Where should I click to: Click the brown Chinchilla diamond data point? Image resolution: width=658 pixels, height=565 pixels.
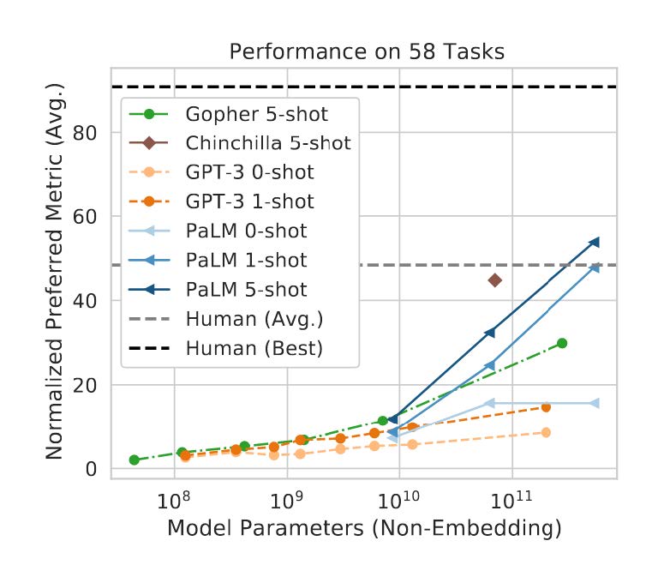point(494,280)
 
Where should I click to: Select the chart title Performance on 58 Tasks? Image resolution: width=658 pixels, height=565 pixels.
point(366,52)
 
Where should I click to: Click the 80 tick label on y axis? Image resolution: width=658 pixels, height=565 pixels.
point(94,133)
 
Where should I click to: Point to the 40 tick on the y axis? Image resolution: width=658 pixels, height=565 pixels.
point(94,301)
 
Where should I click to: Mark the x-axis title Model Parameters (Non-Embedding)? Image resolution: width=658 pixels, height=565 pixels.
point(365,529)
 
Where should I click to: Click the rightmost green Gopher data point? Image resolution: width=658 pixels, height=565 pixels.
point(562,343)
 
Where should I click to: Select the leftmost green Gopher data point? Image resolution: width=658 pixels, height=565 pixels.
point(134,460)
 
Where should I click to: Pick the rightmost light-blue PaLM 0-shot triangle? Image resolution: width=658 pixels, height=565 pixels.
point(595,403)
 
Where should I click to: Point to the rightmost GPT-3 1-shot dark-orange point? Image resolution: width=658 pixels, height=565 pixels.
point(546,406)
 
